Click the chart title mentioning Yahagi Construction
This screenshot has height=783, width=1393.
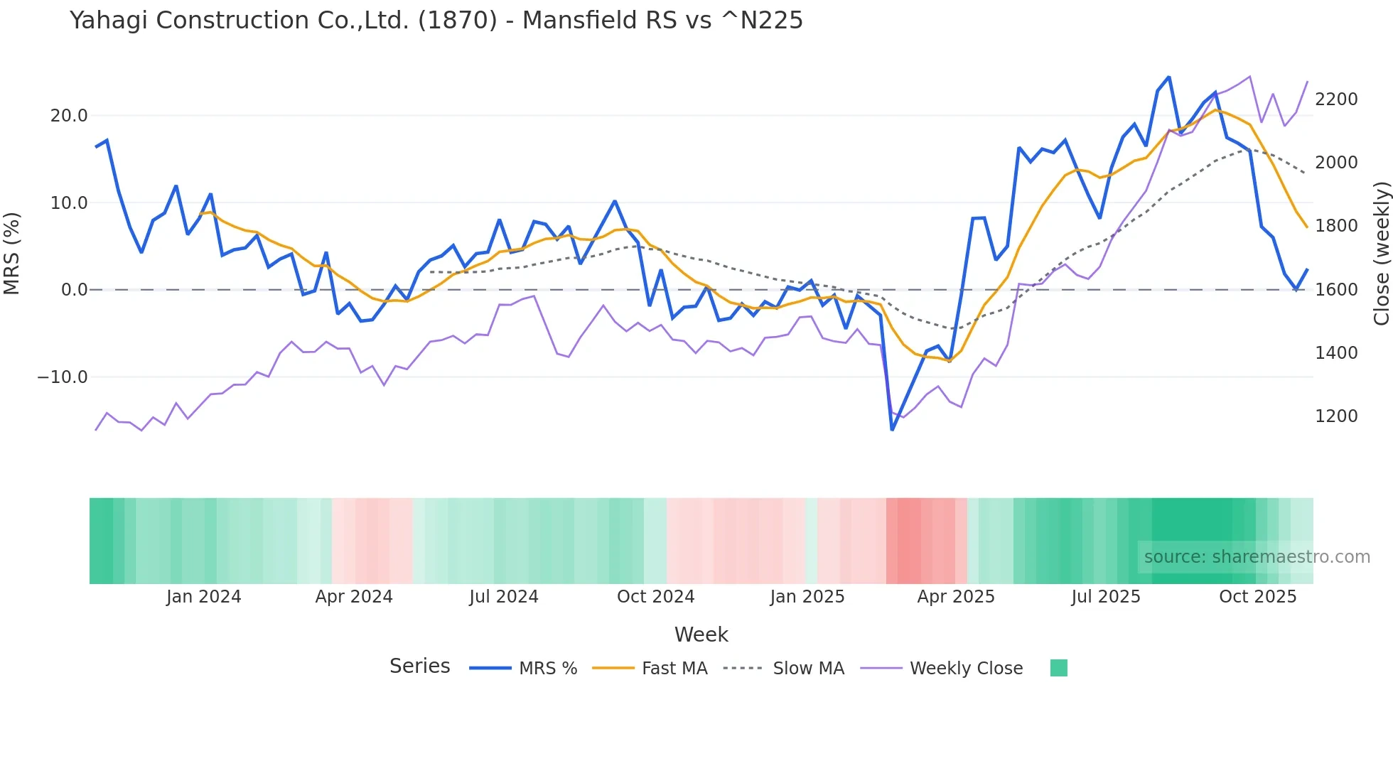(436, 21)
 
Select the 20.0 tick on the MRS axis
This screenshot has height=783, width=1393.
(69, 116)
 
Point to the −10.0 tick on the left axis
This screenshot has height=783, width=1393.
(63, 377)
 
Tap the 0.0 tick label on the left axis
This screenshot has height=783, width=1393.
(74, 290)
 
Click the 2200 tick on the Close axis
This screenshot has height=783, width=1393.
(1336, 99)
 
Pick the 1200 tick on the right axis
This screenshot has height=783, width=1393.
(1336, 416)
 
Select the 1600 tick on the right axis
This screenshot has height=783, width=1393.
(1336, 290)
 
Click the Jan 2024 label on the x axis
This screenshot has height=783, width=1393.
(204, 597)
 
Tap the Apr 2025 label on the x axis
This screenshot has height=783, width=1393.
(956, 597)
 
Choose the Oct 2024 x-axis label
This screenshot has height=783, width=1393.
(655, 597)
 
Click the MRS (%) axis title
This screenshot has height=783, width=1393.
(12, 253)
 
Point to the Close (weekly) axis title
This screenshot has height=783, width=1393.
(1381, 254)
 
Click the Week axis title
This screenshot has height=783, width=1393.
(701, 634)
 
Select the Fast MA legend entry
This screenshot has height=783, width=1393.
(674, 669)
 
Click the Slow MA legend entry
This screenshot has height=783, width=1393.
(808, 669)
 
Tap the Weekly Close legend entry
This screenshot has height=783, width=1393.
(966, 669)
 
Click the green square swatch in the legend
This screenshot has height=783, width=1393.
(1058, 668)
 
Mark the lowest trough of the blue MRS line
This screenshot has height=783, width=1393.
(893, 429)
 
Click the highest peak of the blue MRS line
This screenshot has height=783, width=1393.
(1169, 77)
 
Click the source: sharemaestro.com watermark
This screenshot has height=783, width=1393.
(1257, 557)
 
